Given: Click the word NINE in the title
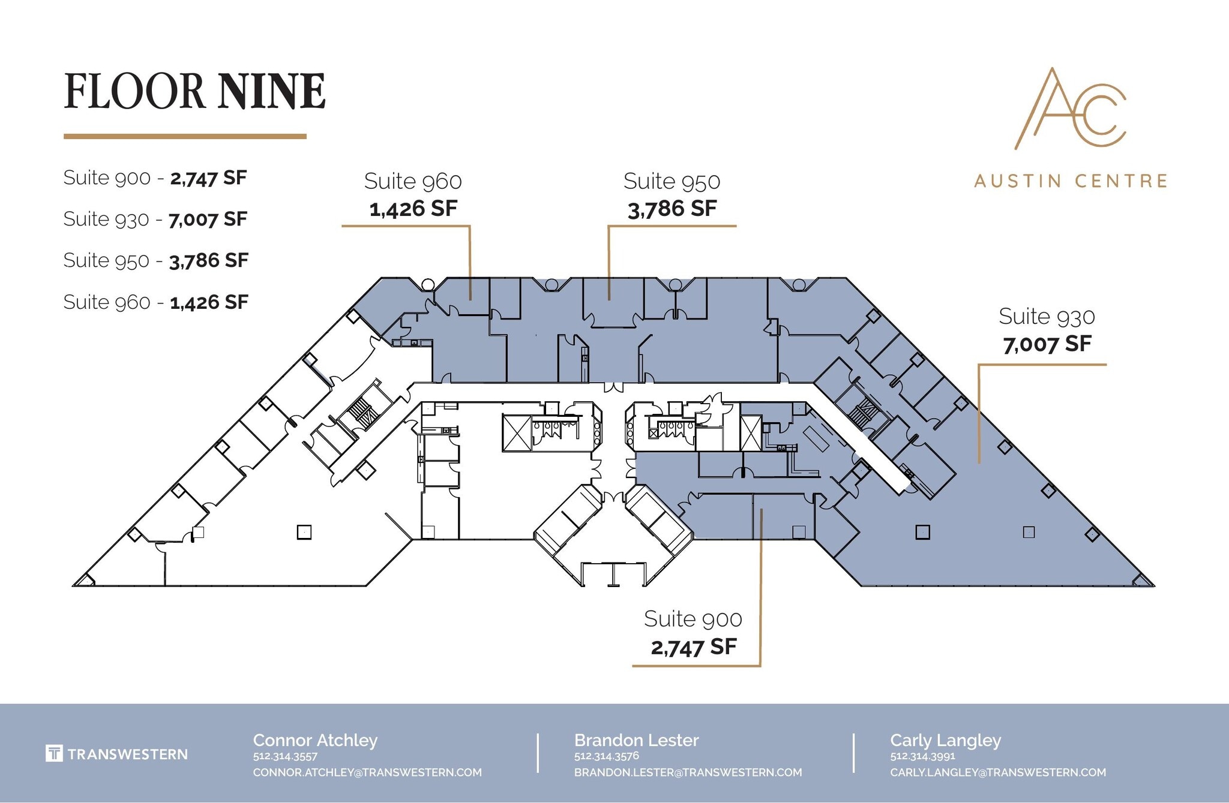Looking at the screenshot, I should pos(272,91).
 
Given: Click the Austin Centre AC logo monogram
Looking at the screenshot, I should pos(1070,110).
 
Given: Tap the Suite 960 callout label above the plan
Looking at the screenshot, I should pos(413,181).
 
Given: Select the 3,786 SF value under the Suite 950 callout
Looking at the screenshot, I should pos(672,209).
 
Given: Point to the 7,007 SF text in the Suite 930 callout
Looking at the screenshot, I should pos(1047,344).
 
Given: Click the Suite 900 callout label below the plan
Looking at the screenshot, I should pos(693,619).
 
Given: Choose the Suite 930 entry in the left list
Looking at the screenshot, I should pos(106,219).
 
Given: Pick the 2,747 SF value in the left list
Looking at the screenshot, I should pos(208,178).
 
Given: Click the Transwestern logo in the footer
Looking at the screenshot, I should pos(116,754).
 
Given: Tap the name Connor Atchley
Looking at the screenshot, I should pos(315,740).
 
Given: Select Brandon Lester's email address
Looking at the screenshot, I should pos(688,772).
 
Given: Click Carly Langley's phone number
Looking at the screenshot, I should pos(922,756).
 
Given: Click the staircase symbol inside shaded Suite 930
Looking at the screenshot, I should pos(862,413).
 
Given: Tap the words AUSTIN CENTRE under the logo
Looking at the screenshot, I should pos(1071,181).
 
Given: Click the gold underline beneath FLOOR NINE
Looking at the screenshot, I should pos(185,137).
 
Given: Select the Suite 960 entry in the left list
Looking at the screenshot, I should pos(106,302).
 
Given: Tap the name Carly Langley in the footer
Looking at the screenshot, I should pos(945,740).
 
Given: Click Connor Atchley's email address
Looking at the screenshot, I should pos(367,772).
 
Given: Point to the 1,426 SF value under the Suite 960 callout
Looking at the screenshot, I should pos(413,209).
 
